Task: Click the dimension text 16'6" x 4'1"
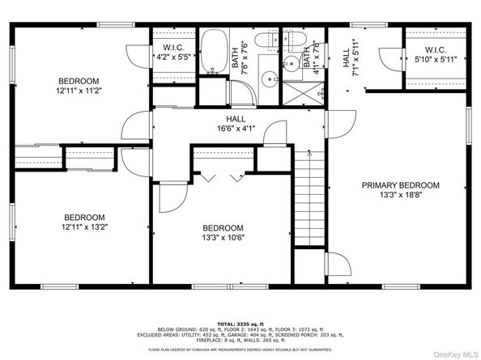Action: point(236,129)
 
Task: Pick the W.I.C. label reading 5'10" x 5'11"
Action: point(435,58)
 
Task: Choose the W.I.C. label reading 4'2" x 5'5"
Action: point(174,57)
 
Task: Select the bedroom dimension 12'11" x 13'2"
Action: point(107,227)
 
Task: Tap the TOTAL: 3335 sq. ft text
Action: point(242,321)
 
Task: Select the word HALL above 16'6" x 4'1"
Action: point(236,119)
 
